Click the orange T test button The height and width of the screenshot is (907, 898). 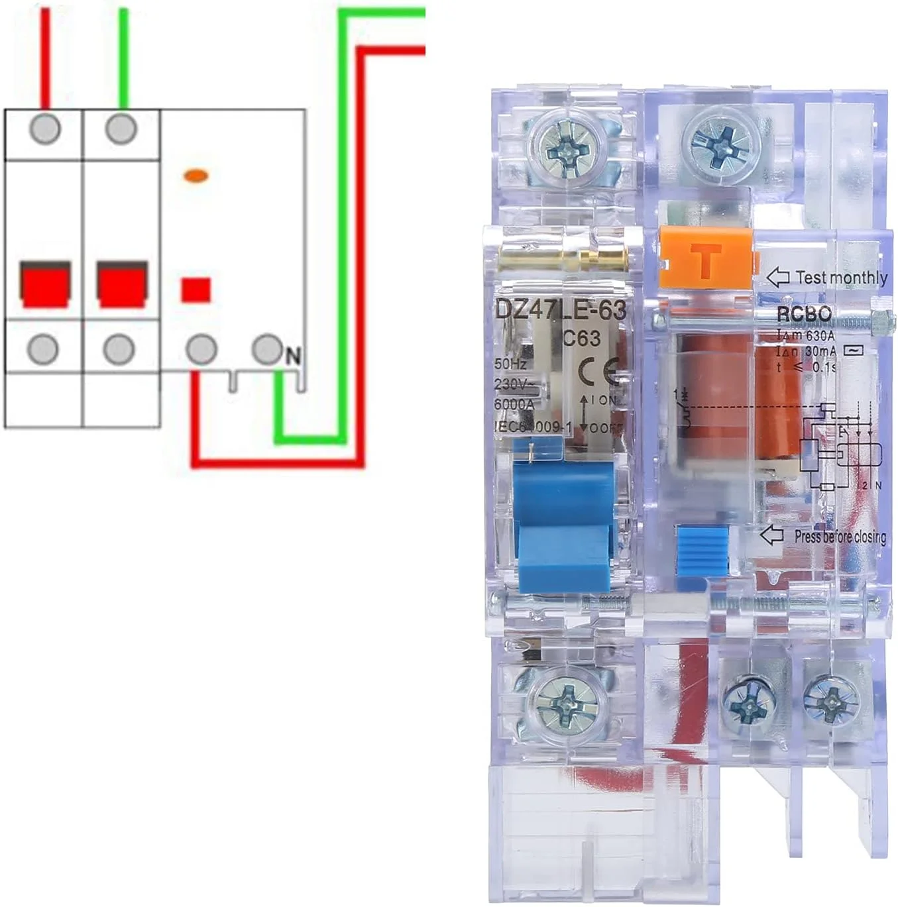(706, 260)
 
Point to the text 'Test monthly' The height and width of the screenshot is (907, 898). (841, 278)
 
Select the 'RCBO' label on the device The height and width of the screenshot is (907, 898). (803, 315)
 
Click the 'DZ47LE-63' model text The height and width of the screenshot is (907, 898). (560, 310)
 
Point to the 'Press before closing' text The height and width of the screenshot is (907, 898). (840, 536)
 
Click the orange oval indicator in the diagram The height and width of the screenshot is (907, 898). (196, 176)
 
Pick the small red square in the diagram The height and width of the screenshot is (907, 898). (196, 290)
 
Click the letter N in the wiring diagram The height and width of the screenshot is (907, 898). (292, 357)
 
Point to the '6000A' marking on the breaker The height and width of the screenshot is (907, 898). (514, 404)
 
